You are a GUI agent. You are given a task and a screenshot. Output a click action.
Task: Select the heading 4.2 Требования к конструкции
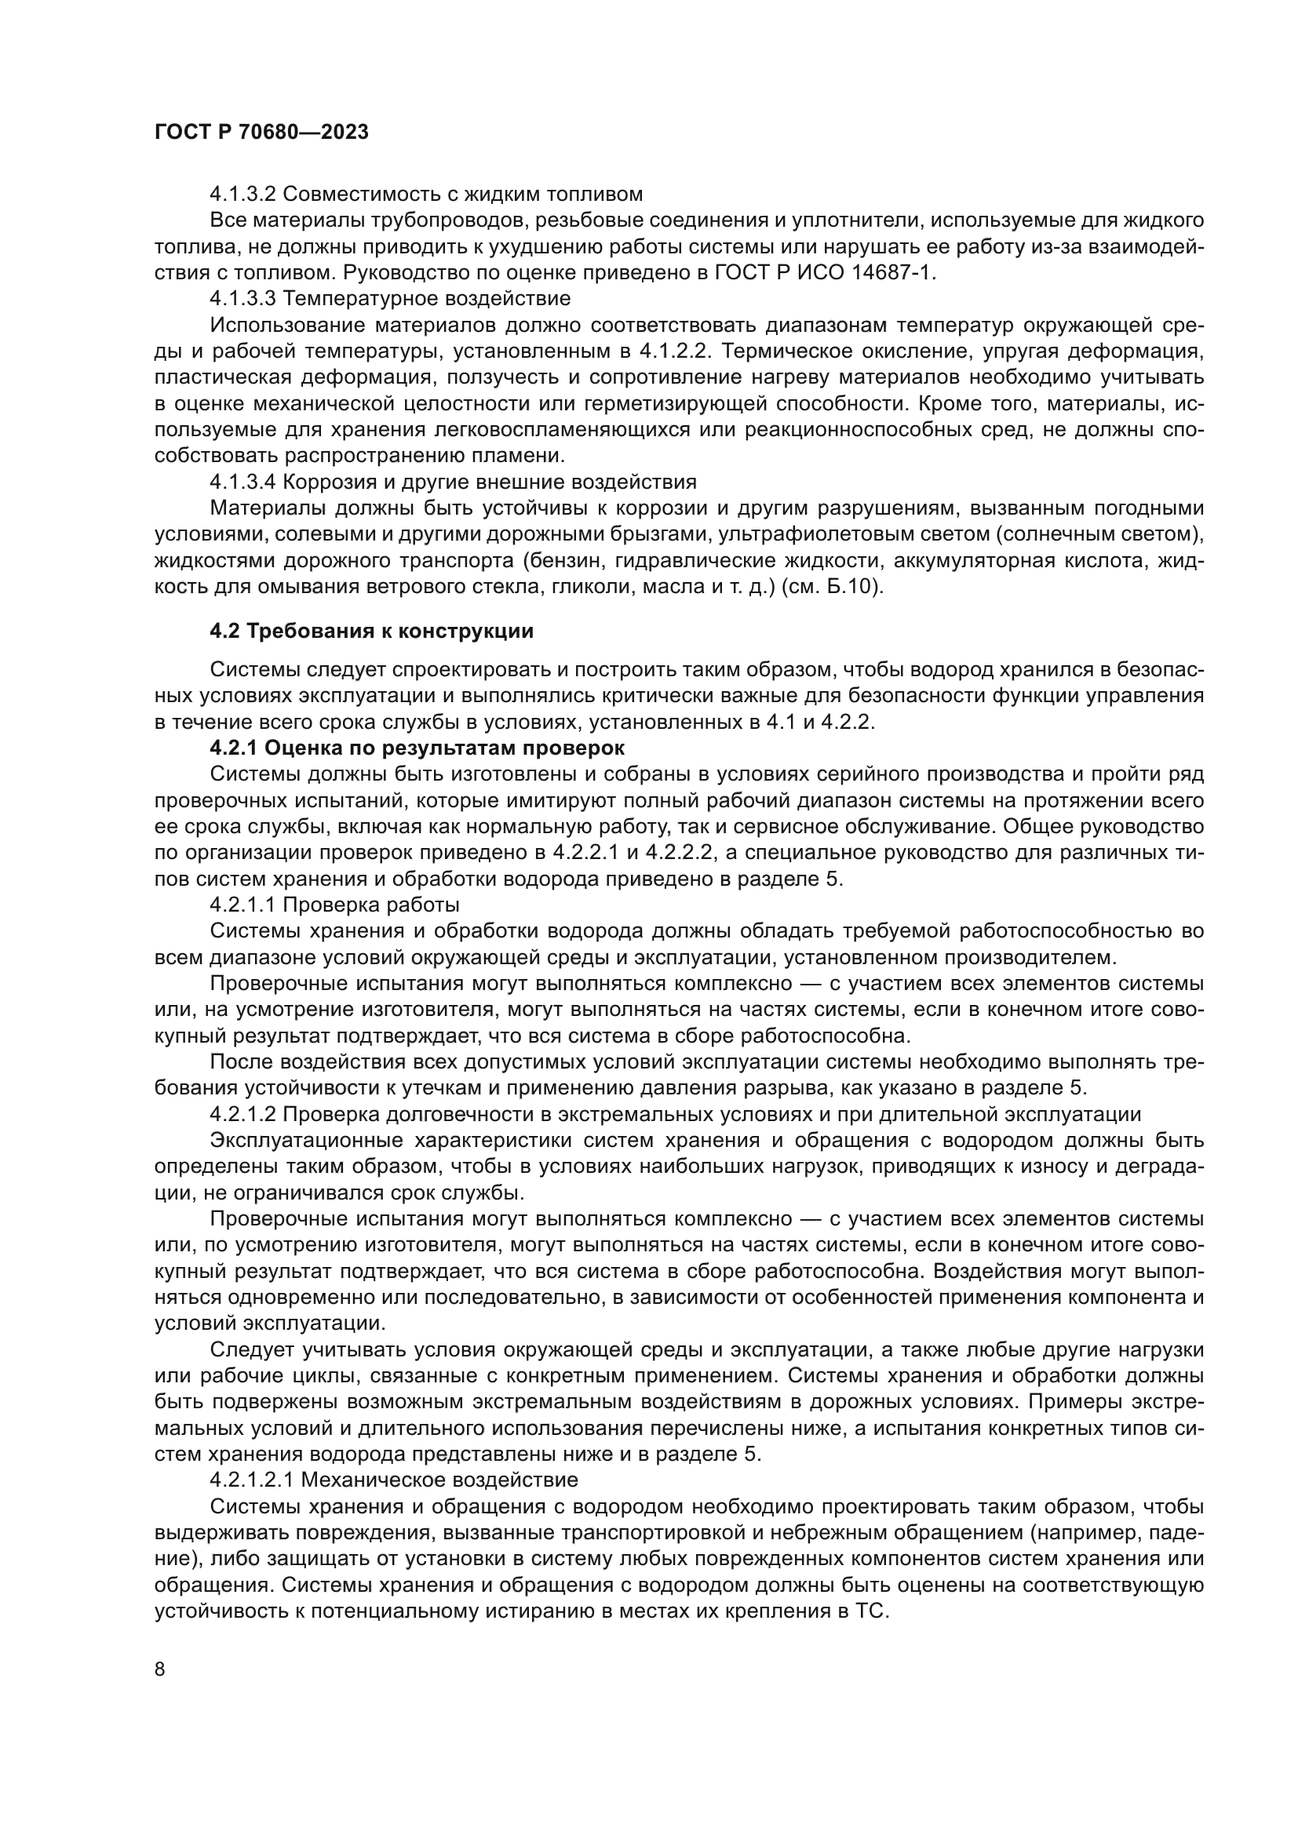tap(371, 632)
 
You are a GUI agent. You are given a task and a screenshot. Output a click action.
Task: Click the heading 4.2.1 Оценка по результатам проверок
tap(417, 748)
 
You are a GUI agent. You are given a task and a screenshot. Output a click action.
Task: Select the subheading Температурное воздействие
tap(427, 299)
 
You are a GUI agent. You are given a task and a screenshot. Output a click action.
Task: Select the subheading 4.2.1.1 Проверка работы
tap(334, 905)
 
